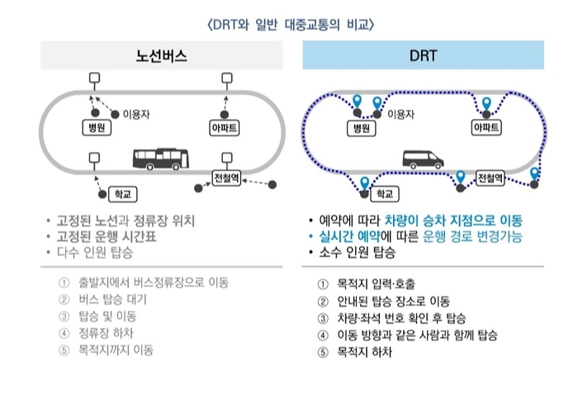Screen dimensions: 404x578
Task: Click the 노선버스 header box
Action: pos(162,56)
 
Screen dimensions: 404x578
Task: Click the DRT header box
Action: pos(423,56)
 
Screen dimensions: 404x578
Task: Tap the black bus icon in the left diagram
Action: pos(161,159)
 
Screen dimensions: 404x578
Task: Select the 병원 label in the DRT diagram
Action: pos(360,128)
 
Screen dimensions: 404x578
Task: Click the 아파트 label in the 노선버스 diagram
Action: pos(225,128)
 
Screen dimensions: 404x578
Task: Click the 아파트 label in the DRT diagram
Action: pos(486,128)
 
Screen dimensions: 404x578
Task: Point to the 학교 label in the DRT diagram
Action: pos(382,193)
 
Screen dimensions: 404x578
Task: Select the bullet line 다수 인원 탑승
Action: pos(100,252)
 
